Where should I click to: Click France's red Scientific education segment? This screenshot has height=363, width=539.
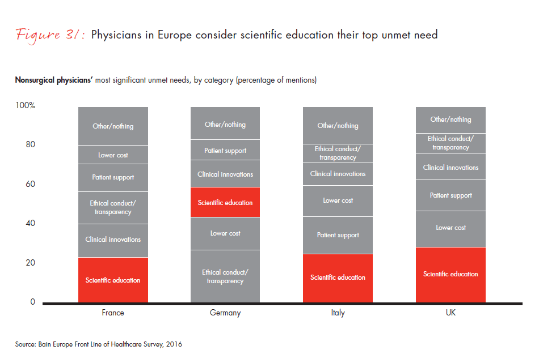[113, 280]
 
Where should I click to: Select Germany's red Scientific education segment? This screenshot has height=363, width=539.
[225, 202]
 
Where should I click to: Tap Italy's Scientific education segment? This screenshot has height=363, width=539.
[338, 277]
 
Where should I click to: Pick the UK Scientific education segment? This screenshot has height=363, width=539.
[450, 274]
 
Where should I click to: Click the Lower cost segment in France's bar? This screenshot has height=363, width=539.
[113, 155]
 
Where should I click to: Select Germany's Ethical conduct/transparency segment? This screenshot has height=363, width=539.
[225, 276]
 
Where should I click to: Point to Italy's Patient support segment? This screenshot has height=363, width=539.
[338, 235]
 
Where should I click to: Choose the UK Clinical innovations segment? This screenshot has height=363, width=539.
[450, 167]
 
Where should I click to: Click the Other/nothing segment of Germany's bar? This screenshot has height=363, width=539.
[225, 124]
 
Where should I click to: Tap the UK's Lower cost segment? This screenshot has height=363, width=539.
[450, 228]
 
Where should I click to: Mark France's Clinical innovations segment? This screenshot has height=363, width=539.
[113, 240]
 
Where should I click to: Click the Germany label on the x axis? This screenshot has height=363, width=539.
[225, 313]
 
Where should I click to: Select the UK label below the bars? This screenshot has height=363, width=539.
[450, 313]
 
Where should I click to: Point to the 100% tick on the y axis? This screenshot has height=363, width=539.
[26, 105]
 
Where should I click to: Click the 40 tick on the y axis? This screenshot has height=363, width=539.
[30, 223]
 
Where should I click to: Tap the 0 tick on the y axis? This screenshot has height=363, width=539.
[32, 302]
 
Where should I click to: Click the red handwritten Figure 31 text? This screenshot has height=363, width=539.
[49, 35]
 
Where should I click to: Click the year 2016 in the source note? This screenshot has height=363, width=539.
[174, 344]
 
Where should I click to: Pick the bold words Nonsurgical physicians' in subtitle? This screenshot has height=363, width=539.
[53, 80]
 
